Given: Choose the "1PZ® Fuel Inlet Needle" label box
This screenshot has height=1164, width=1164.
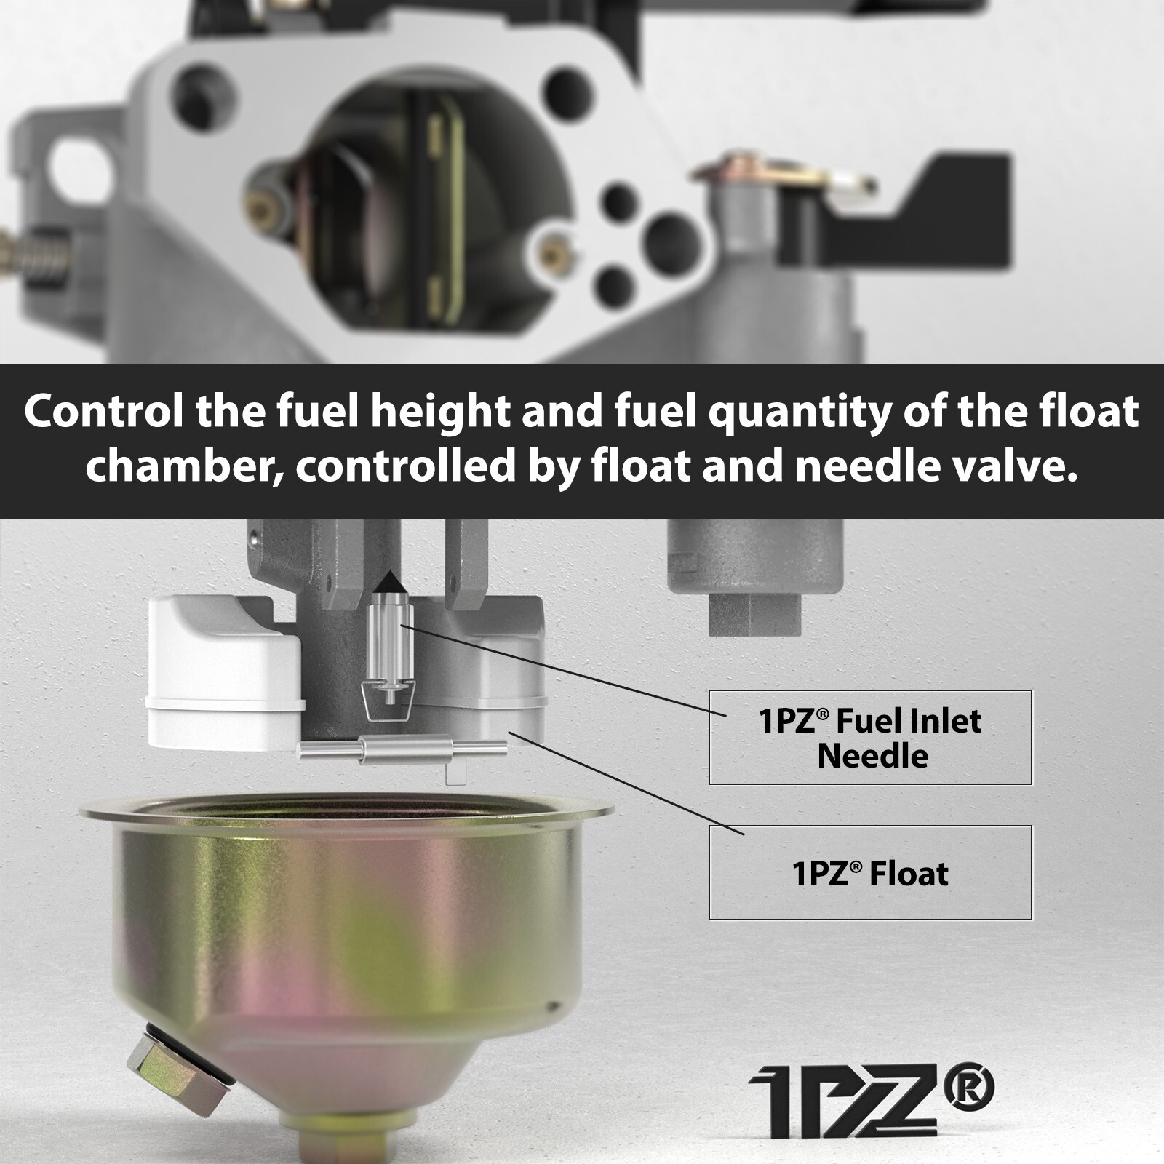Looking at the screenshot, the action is (870, 737).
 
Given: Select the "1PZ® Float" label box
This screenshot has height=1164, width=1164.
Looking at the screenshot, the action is (870, 872).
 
